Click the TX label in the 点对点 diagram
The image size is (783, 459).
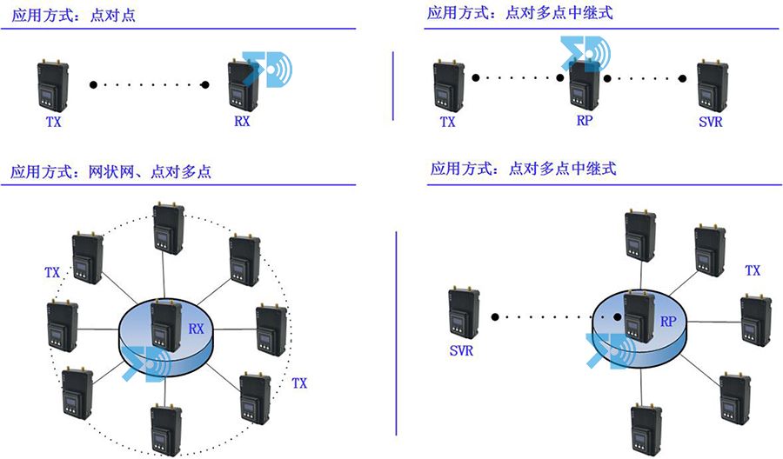[x=54, y=122]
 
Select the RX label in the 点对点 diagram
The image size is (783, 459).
[x=242, y=122]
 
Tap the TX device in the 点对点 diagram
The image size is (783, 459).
[x=53, y=87]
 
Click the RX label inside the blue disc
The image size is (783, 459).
[x=197, y=329]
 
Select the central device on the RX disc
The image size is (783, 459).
[x=165, y=324]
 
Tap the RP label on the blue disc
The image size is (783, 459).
[x=668, y=321]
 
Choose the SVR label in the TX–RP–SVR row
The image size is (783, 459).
[x=710, y=122]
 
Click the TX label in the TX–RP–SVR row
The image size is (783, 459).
[x=447, y=122]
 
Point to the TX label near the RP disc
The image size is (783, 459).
[x=753, y=271]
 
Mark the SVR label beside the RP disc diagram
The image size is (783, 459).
[x=461, y=352]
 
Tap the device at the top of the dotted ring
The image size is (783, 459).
[x=167, y=228]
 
